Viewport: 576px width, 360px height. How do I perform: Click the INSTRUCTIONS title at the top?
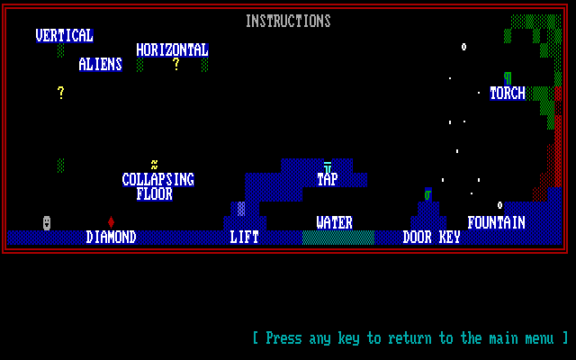tap(288, 21)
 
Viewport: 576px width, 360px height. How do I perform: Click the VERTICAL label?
tap(64, 35)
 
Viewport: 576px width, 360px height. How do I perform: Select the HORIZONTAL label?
tap(172, 49)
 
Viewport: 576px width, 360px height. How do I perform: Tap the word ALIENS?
tap(100, 64)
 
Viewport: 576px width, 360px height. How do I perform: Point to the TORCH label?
tap(507, 93)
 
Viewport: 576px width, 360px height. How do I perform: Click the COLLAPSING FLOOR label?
tap(157, 186)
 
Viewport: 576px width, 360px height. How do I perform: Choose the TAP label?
tap(327, 179)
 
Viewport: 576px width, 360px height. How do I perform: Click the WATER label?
tap(334, 222)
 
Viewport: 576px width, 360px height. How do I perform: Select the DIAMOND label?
tap(111, 237)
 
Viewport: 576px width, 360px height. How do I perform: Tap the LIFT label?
tap(244, 237)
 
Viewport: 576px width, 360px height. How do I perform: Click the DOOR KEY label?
tap(431, 237)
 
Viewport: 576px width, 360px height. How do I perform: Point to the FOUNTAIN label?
tap(496, 222)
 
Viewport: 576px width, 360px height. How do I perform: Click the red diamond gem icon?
tap(111, 221)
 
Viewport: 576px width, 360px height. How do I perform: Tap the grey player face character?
tap(47, 222)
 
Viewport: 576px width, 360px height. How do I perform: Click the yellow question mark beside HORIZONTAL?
tap(176, 64)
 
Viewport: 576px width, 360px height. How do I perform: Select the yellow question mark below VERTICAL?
tap(61, 93)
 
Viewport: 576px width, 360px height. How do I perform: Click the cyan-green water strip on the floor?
tap(337, 238)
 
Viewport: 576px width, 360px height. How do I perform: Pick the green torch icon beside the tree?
tap(508, 77)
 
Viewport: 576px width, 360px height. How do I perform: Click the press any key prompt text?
tap(410, 338)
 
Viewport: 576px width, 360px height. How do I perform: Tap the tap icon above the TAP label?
tap(328, 166)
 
